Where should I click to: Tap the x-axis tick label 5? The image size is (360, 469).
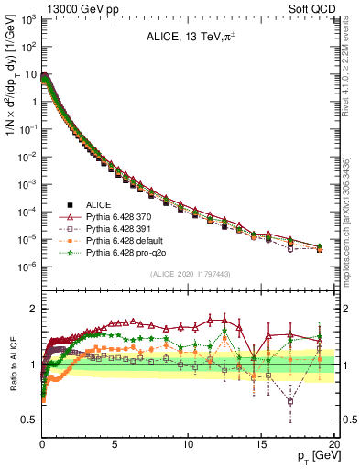(x=115, y=443)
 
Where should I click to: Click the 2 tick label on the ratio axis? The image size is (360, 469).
(x=33, y=309)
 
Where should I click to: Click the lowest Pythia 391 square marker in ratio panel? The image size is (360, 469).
(x=290, y=400)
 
